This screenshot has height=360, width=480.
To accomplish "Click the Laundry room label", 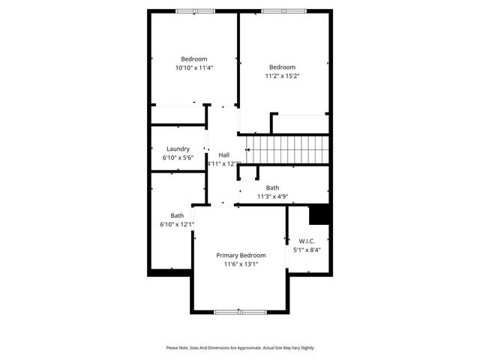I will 178,148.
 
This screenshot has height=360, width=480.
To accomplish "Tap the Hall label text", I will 223,154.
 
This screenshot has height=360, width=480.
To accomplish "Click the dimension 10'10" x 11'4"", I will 193,68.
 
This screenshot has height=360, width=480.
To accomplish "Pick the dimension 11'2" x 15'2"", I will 283,75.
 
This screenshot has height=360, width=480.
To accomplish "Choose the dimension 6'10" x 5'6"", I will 178,158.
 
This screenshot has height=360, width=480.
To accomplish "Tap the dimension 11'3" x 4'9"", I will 272,196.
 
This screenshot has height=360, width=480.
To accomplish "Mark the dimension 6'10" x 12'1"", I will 177,224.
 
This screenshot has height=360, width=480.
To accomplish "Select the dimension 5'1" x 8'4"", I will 307,250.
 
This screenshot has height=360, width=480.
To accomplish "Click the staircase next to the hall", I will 289,149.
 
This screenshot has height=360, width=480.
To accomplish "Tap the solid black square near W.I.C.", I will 320,214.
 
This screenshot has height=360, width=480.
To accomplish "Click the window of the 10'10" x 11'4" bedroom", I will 195,10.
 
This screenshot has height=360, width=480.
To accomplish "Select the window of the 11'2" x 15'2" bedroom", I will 283,10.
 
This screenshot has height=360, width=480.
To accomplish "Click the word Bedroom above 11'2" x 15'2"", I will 283,66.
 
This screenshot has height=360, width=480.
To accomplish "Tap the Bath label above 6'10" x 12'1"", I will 177,215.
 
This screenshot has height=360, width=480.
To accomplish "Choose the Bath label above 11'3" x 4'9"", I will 272,187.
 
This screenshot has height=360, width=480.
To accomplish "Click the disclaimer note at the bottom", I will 240,348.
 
